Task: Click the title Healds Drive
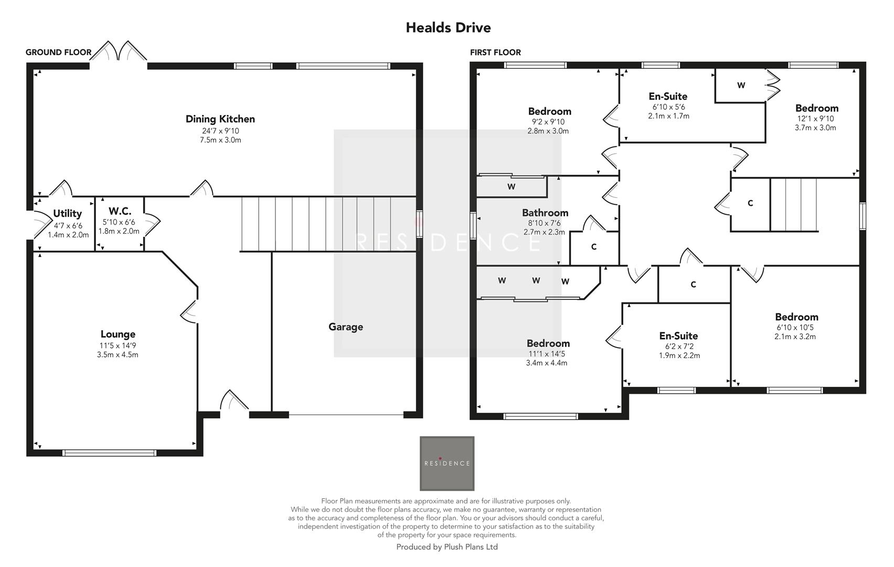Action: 448,28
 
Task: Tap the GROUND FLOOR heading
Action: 58,52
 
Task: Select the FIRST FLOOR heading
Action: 495,52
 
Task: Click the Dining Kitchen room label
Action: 220,119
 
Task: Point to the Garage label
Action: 346,327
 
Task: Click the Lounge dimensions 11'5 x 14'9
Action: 118,345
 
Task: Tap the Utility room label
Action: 68,214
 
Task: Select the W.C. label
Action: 120,211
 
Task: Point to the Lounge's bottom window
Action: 109,453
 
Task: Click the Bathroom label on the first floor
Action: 545,213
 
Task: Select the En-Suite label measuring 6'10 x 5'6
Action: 668,97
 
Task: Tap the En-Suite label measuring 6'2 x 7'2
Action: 678,336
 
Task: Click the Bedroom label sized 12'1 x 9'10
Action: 816,108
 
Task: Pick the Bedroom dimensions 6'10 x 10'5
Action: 795,328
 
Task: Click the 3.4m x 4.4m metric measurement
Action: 547,363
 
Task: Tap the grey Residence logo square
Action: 447,463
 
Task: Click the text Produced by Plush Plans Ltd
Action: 447,547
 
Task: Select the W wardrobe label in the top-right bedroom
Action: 741,86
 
